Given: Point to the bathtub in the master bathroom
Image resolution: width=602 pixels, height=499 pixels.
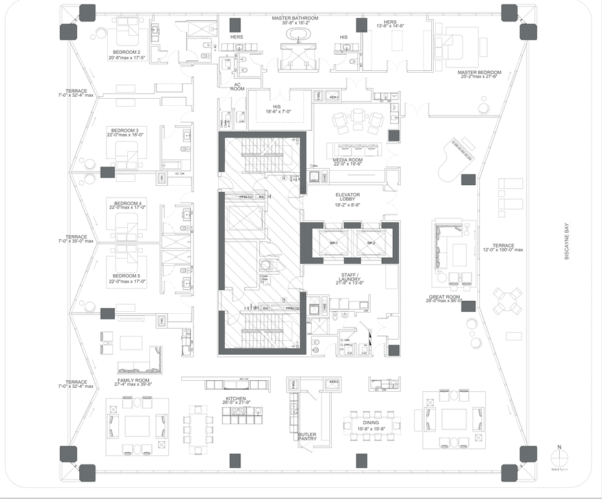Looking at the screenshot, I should tap(299, 34).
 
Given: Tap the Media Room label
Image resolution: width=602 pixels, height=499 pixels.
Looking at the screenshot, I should tap(347, 161).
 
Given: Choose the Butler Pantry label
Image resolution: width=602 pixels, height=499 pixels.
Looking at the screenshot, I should tap(307, 437).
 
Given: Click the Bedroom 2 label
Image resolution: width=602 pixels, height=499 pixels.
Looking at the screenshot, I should tap(127, 51).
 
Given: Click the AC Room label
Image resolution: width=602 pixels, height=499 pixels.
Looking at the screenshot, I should tap(238, 86).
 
